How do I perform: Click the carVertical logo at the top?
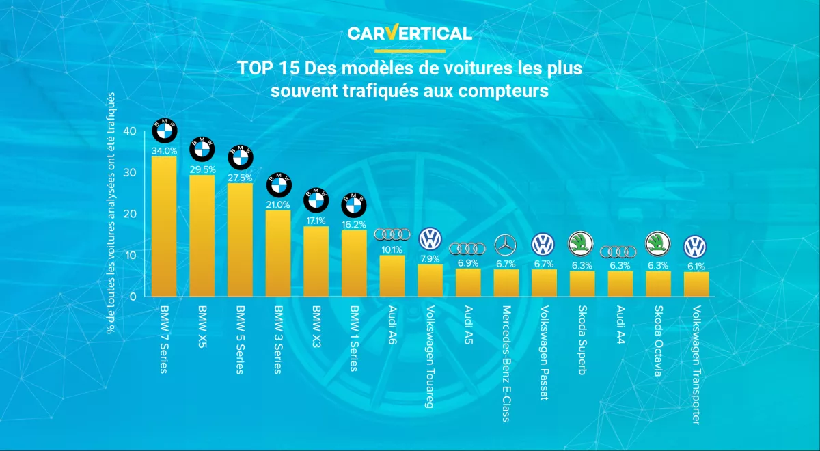click(x=409, y=33)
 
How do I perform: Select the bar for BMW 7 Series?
click(x=164, y=226)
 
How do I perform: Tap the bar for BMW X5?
click(x=202, y=236)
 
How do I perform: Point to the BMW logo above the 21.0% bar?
click(x=278, y=183)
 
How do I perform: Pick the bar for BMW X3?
click(x=316, y=261)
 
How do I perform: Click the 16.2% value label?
click(x=354, y=224)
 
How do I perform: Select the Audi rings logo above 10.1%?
click(x=392, y=234)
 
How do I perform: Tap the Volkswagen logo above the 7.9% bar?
click(x=430, y=239)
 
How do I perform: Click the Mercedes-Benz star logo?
click(x=506, y=245)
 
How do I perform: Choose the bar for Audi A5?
click(x=468, y=282)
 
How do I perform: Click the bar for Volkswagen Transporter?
click(x=696, y=284)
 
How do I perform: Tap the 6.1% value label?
click(x=696, y=266)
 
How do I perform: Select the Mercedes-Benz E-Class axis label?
click(x=506, y=364)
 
